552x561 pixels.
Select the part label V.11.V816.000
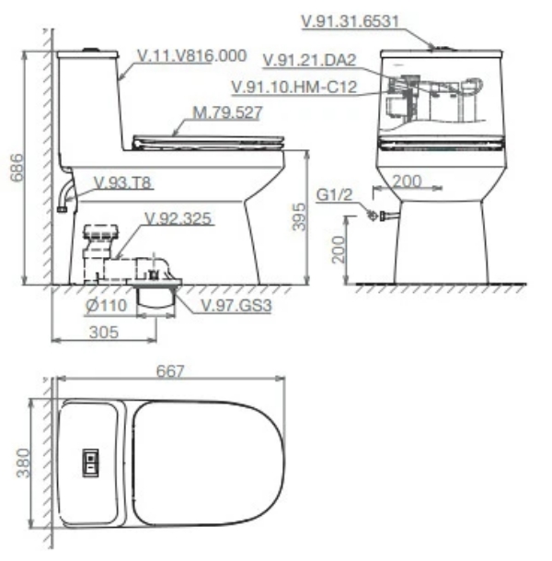(x=191, y=55)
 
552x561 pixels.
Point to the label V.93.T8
(x=123, y=182)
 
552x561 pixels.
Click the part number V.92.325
(x=178, y=219)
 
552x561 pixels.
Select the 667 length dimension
(x=170, y=371)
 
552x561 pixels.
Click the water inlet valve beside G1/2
(x=374, y=216)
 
